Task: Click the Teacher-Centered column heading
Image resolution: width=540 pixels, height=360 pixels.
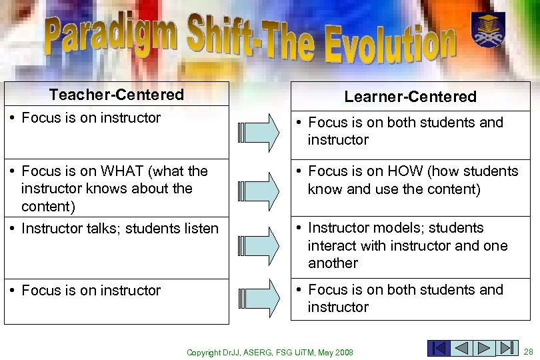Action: [116, 95]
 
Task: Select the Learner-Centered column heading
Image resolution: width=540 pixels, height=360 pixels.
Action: [410, 97]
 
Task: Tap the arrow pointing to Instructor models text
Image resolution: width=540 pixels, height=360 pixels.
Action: [259, 245]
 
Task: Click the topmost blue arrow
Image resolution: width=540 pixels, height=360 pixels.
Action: [259, 132]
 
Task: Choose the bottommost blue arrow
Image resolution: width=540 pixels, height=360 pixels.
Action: [259, 298]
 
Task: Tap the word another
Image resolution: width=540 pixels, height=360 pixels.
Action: [333, 263]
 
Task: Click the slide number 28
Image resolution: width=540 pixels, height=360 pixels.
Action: [529, 351]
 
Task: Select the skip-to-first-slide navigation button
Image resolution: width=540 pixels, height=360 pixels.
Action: [439, 349]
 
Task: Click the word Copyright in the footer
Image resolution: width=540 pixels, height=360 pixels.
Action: [203, 352]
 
